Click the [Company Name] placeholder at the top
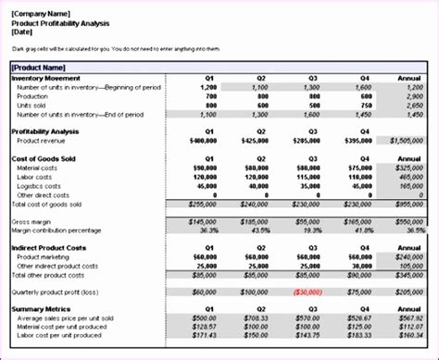tap(42, 15)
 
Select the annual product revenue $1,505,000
tap(411, 140)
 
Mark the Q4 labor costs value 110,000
tap(360, 176)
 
